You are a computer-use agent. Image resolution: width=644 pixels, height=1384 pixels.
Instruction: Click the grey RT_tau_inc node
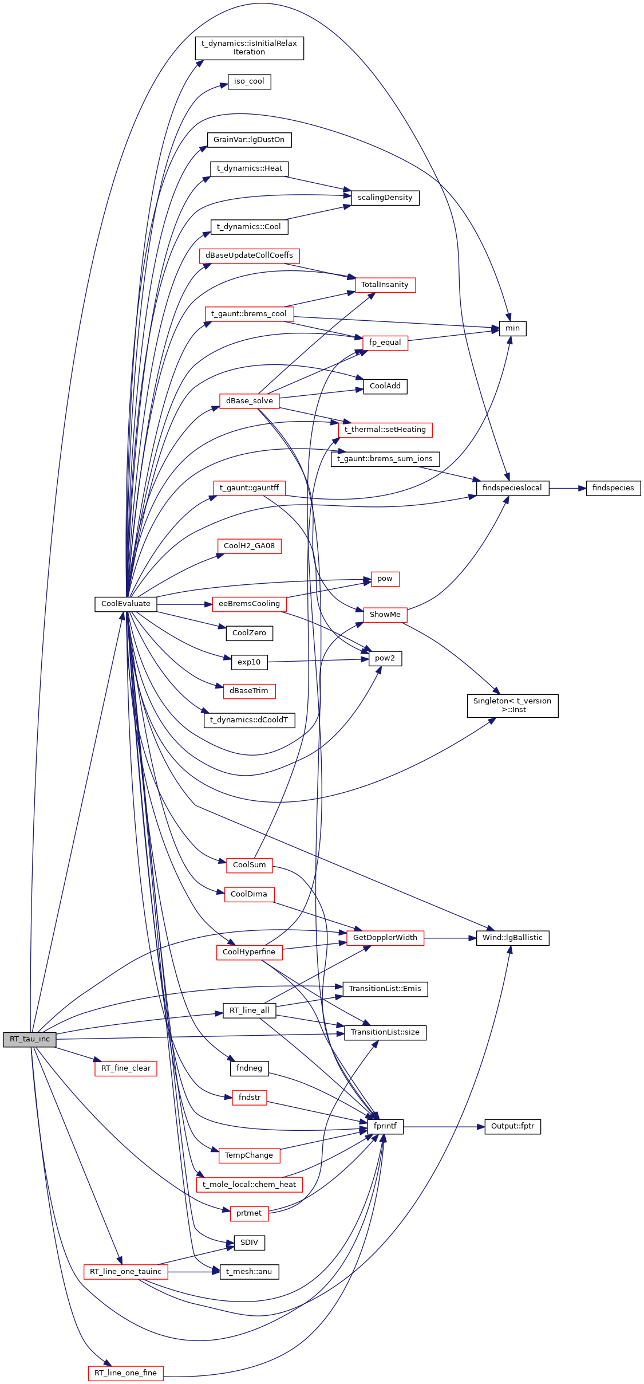pyautogui.click(x=30, y=1039)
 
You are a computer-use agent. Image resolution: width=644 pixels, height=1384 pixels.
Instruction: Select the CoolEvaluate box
pyautogui.click(x=126, y=604)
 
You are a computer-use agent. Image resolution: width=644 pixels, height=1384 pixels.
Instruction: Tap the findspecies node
pyautogui.click(x=613, y=488)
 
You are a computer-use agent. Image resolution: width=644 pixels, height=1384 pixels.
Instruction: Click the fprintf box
pyautogui.click(x=385, y=1126)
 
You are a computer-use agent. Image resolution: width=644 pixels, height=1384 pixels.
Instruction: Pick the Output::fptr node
pyautogui.click(x=512, y=1126)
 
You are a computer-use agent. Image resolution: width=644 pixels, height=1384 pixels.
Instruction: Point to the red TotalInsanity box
pyautogui.click(x=385, y=285)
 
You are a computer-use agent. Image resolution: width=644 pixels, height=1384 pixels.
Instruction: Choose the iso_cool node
pyautogui.click(x=249, y=81)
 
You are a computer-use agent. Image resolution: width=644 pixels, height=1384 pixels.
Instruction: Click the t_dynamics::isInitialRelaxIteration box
pyautogui.click(x=249, y=48)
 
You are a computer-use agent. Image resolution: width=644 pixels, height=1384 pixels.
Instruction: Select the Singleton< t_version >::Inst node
pyautogui.click(x=512, y=705)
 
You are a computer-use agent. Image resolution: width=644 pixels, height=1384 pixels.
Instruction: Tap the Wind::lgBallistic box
pyautogui.click(x=512, y=938)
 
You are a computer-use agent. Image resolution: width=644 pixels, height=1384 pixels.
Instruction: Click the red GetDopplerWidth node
pyautogui.click(x=385, y=938)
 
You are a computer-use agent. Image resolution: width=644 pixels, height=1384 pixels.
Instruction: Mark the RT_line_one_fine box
pyautogui.click(x=125, y=1373)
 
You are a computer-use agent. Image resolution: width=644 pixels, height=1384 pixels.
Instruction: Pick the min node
pyautogui.click(x=512, y=328)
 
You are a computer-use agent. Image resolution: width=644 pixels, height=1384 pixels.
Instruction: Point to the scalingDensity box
pyautogui.click(x=385, y=198)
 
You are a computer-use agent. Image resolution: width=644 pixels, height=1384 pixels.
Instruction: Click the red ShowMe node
pyautogui.click(x=385, y=615)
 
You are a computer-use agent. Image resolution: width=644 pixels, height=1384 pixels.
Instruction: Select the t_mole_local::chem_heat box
pyautogui.click(x=249, y=1184)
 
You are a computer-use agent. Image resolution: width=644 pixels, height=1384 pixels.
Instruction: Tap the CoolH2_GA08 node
pyautogui.click(x=249, y=546)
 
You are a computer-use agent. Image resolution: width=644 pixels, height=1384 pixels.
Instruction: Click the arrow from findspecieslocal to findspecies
pyautogui.click(x=567, y=488)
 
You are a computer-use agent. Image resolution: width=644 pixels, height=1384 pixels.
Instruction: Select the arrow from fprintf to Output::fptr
pyautogui.click(x=444, y=1126)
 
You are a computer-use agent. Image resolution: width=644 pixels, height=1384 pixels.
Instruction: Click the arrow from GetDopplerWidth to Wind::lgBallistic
pyautogui.click(x=450, y=938)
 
